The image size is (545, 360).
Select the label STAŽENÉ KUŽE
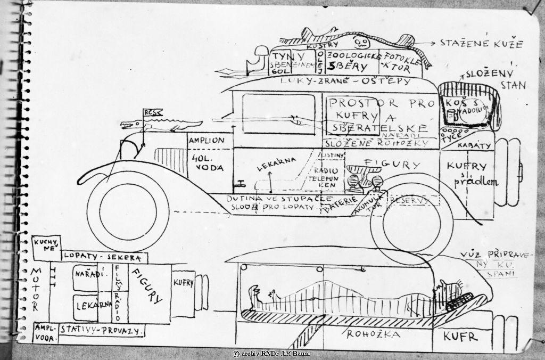pyautogui.click(x=482, y=44)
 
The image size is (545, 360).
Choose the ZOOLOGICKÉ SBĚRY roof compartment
pyautogui.click(x=354, y=61)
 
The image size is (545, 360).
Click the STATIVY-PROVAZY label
pyautogui.click(x=101, y=331)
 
